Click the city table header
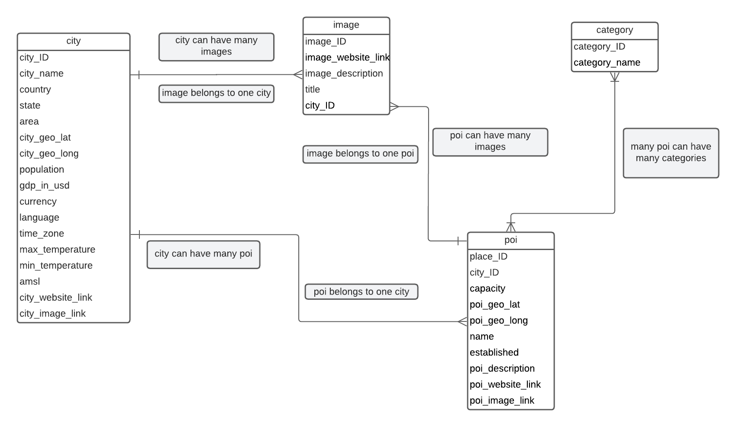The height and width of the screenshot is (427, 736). (74, 41)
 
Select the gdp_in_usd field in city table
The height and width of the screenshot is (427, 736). (45, 186)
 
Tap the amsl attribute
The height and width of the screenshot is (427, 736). (30, 282)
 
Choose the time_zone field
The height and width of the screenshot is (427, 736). (42, 234)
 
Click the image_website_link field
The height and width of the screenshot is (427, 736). (347, 58)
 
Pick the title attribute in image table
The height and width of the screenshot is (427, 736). (313, 90)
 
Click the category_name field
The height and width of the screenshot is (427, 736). (607, 63)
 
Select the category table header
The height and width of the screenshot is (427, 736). (614, 30)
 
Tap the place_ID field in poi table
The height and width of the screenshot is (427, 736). (488, 257)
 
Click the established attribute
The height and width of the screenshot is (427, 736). (494, 353)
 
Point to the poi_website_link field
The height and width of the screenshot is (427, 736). (505, 385)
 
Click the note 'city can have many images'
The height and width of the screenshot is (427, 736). (216, 46)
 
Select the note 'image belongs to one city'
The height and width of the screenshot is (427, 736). (216, 93)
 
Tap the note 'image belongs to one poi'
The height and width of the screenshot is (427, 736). (360, 154)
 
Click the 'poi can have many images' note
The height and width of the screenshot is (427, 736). (490, 141)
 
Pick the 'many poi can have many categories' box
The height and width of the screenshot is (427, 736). (671, 153)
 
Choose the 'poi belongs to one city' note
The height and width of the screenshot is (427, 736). (361, 292)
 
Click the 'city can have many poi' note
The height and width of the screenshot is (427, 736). (203, 254)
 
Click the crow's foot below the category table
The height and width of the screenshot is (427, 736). (615, 77)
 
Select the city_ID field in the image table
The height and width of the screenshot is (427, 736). (320, 106)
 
